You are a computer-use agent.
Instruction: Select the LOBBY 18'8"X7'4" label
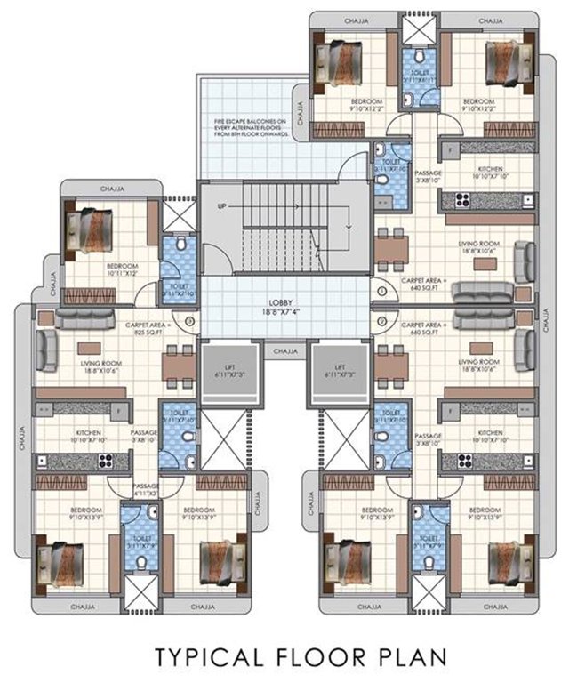(284, 308)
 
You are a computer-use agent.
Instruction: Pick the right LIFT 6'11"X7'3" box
(340, 371)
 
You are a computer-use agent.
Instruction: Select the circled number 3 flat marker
(189, 321)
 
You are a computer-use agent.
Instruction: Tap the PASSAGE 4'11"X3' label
(147, 490)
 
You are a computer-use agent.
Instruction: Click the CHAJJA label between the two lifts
(284, 352)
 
